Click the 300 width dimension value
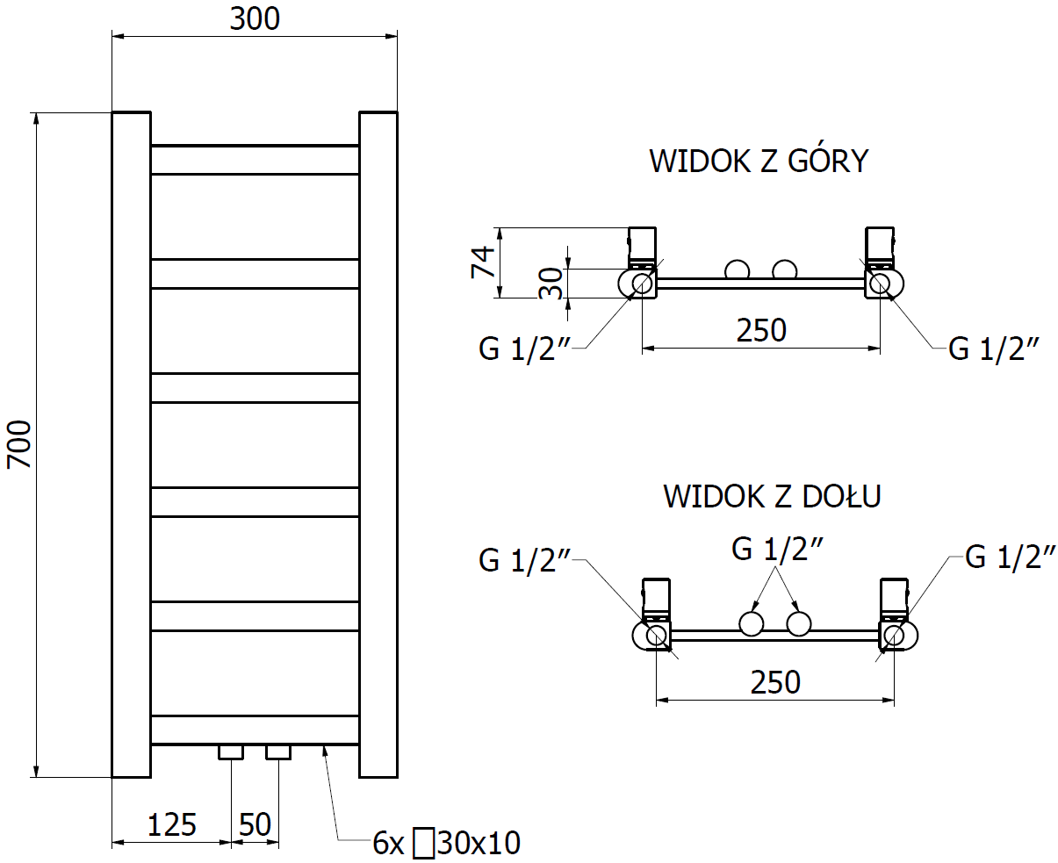pos(255,19)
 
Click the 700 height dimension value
pos(19,444)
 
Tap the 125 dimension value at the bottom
pos(171,824)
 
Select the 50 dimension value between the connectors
pos(255,824)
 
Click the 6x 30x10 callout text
pos(446,843)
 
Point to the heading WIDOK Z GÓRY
pos(759,161)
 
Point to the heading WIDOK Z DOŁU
pos(772,496)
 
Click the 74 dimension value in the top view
pos(483,262)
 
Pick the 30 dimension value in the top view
pos(551,284)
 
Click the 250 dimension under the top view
pos(761,330)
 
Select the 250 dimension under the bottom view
pos(775,682)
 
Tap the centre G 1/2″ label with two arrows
pos(777,549)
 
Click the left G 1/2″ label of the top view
pos(524,349)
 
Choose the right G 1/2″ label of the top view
pos(993,349)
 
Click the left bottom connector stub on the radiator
pos(231,752)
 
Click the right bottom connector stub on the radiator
pos(278,752)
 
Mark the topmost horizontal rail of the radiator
pos(255,160)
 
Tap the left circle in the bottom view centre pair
pos(751,624)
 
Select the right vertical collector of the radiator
pos(378,444)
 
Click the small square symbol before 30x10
pos(423,844)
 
